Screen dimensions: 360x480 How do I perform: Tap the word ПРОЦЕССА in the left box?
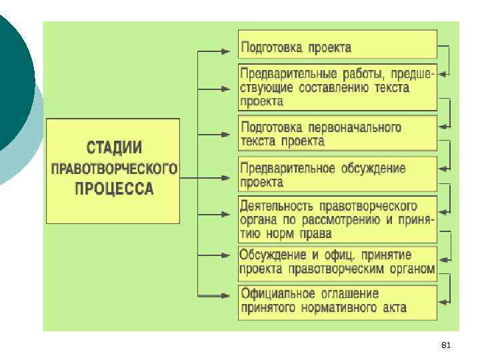[x=114, y=189]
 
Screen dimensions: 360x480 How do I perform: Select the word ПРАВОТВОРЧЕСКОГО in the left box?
[x=114, y=168]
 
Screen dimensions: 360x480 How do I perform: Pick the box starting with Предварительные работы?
[x=337, y=87]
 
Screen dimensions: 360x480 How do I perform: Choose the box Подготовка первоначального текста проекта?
[x=337, y=133]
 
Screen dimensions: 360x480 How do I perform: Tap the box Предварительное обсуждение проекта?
[x=337, y=174]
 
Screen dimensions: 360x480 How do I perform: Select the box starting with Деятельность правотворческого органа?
[x=337, y=219]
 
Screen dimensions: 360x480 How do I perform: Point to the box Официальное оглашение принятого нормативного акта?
[x=337, y=301]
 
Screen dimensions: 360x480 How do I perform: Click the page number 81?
[x=447, y=345]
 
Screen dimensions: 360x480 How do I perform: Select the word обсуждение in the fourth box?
[x=372, y=167]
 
